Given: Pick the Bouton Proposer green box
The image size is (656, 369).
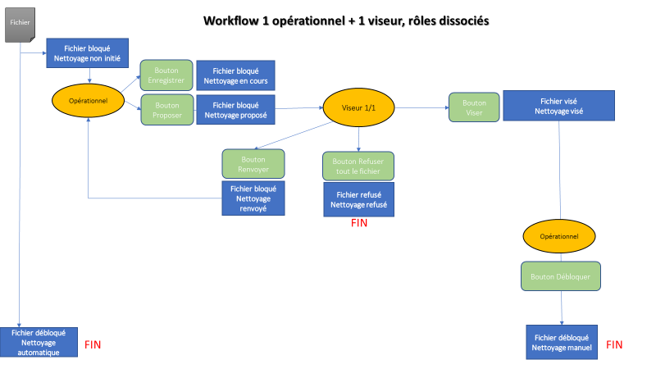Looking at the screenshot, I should point(166,110).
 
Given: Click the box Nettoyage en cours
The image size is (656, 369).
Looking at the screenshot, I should point(234,75).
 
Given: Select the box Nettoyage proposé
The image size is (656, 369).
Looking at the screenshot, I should point(234,110).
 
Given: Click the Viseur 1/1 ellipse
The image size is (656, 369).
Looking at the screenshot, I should point(354,107).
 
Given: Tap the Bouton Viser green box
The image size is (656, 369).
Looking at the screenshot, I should point(473,107).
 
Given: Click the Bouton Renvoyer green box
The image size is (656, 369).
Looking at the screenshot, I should point(253,164).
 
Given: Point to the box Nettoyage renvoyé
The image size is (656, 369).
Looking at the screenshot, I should point(253,198).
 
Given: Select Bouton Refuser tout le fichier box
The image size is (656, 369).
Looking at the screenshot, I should point(358,166).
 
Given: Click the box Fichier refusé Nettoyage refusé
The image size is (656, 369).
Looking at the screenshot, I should point(358,198).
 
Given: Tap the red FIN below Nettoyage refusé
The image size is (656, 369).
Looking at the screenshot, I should point(359,223).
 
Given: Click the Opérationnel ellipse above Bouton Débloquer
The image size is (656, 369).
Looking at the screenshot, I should point(561,236).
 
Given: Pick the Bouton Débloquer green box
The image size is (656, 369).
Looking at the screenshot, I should point(561,276).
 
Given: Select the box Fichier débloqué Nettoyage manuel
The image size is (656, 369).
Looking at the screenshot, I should point(561,342).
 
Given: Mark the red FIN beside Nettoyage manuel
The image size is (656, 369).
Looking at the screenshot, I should point(614,345).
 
